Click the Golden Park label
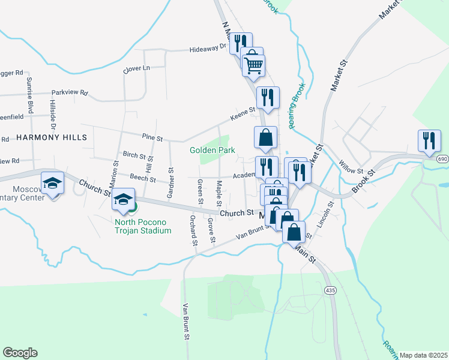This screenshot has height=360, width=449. click(212, 150)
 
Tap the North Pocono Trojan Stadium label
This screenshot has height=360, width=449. click(143, 226)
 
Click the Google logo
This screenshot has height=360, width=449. click(20, 353)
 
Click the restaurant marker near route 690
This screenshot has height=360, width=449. click(429, 141)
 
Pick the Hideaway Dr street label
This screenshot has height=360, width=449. click(208, 49)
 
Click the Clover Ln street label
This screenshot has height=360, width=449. click(136, 68)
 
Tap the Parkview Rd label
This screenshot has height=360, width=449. click(70, 93)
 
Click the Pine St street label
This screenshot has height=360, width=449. click(152, 138)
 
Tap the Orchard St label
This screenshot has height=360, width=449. click(193, 231)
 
